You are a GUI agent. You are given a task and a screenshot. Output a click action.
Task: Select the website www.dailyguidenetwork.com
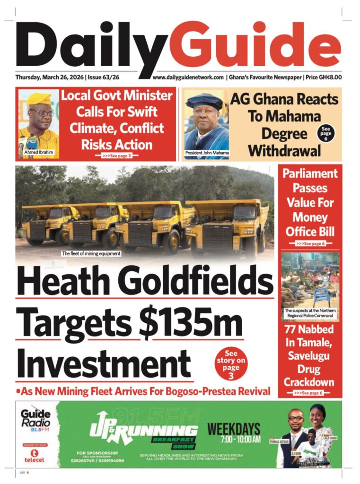(188, 77)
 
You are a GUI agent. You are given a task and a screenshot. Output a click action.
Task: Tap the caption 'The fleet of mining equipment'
(91, 254)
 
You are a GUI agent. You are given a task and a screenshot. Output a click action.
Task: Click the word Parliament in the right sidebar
(310, 173)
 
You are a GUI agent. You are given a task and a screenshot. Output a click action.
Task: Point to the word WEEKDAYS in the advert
(234, 429)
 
